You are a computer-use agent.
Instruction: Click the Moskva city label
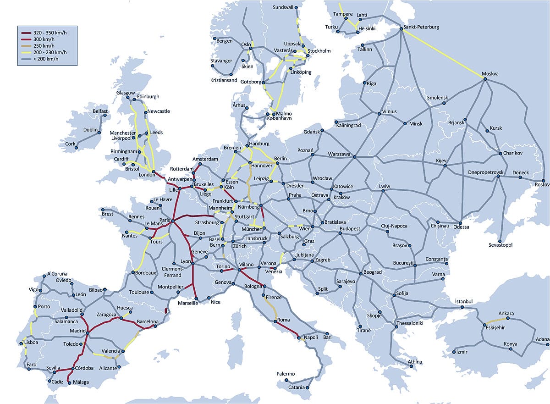pos(490,74)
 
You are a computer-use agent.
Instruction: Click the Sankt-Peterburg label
pos(422,27)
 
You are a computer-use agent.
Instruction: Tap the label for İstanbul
pos(467,301)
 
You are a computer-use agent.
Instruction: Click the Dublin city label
pos(91,130)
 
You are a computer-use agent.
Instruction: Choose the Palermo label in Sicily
pos(286,374)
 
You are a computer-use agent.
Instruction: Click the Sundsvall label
pos(282,8)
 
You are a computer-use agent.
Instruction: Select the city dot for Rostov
pos(543,180)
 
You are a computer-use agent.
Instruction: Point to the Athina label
pos(415,362)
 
